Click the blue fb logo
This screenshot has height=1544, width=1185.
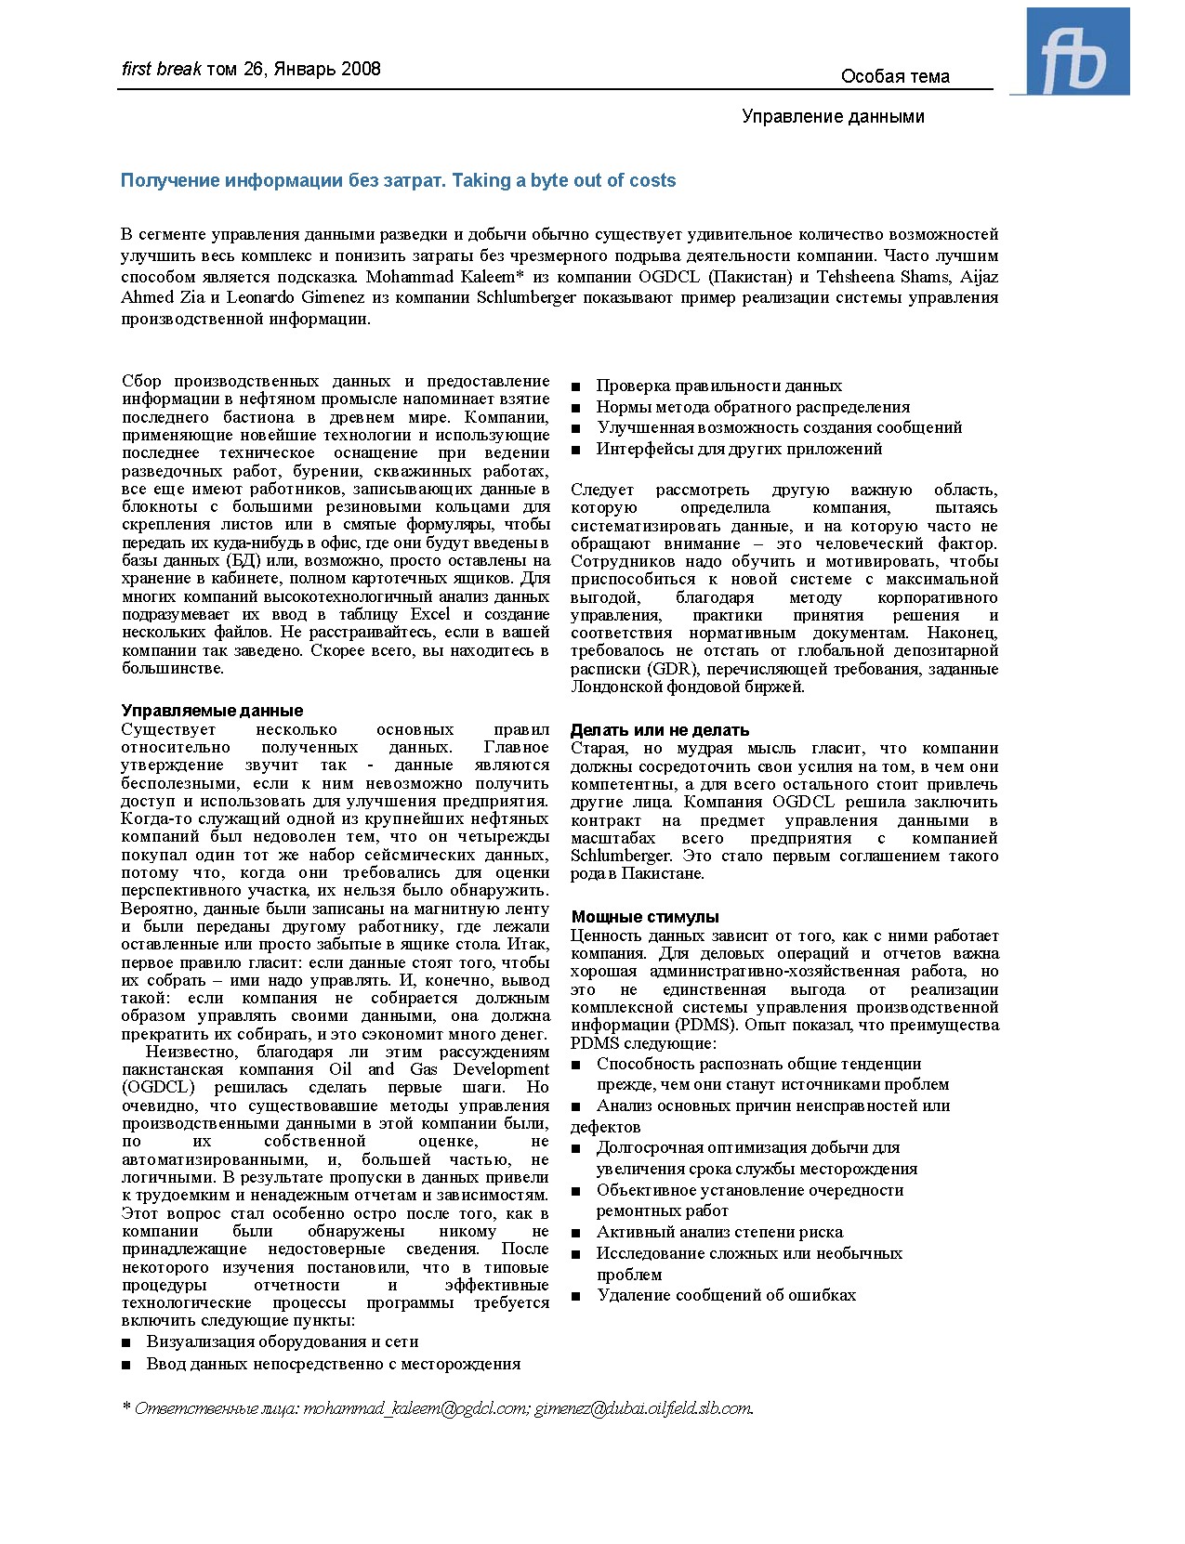click(x=1077, y=52)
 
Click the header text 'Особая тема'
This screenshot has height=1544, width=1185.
click(x=894, y=77)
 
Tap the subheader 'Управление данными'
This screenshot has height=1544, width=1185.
click(x=833, y=116)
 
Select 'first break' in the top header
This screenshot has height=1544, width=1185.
click(x=161, y=69)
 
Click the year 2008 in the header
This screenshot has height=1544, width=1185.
click(x=361, y=69)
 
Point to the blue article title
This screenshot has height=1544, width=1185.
click(x=398, y=181)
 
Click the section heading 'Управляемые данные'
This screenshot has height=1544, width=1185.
click(x=212, y=711)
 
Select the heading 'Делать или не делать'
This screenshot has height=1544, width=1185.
click(x=659, y=730)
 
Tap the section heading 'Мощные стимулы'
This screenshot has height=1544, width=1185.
click(x=645, y=917)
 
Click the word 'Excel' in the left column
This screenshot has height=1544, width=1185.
click(x=430, y=614)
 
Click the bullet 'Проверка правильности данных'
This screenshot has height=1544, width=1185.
click(x=718, y=386)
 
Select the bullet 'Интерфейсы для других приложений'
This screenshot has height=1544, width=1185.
click(x=739, y=449)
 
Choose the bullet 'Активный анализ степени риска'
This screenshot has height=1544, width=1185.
click(x=719, y=1232)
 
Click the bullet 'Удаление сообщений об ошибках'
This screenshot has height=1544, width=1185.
click(x=726, y=1295)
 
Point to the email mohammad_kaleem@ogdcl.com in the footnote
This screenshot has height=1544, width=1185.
click(x=415, y=1408)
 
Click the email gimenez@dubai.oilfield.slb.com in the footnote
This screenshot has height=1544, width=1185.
click(x=643, y=1408)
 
